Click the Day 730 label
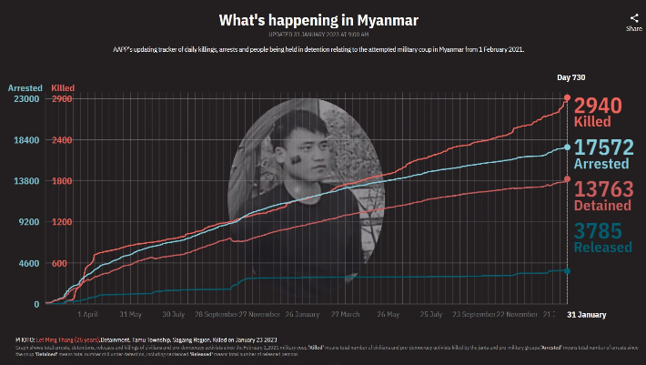coord(571,77)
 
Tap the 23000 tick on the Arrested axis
coord(24,98)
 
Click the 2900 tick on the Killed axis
coord(62,98)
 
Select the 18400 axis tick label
coord(24,139)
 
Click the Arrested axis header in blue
coord(25,87)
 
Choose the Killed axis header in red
coord(64,87)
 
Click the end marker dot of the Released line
coord(568,270)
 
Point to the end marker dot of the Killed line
coord(568,97)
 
